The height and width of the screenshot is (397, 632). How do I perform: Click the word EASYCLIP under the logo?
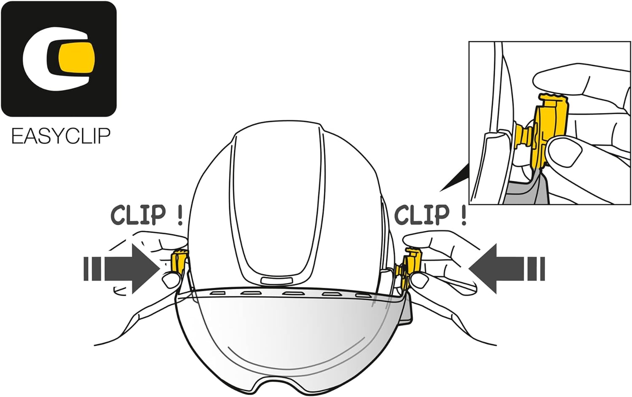(x=61, y=137)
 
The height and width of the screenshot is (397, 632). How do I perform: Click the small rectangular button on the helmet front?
(x=276, y=280)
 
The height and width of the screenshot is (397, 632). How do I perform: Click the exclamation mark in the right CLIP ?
(x=463, y=215)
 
